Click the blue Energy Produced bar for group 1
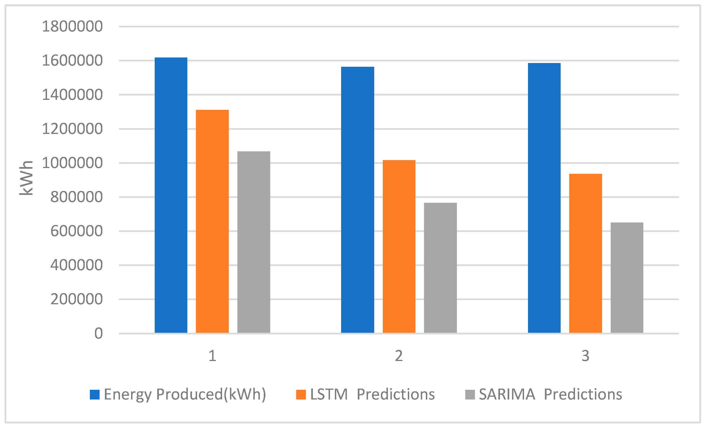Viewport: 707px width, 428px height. (x=171, y=195)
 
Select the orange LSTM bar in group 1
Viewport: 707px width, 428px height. (x=212, y=221)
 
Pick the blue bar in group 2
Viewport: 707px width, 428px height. (x=358, y=200)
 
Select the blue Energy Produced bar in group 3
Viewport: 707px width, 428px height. (x=544, y=198)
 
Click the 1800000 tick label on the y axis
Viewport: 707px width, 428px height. (x=72, y=27)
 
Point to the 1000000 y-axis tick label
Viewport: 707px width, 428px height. (x=72, y=163)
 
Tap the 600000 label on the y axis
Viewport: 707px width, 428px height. (x=76, y=231)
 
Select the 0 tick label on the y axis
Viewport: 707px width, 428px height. (x=98, y=333)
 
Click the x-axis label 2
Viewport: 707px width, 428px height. (x=399, y=356)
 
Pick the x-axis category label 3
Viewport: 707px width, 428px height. (x=585, y=356)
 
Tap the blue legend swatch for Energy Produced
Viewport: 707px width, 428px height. (x=95, y=394)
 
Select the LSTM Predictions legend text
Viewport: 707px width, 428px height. (x=372, y=394)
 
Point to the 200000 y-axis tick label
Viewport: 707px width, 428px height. (x=76, y=299)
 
